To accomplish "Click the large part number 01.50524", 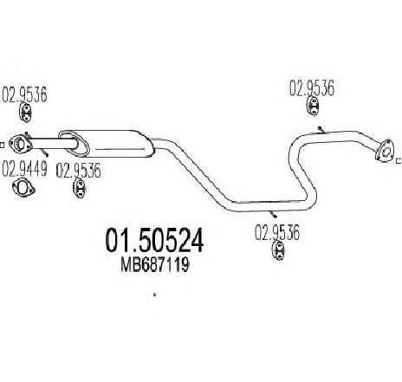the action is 154,240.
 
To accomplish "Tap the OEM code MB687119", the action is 155,265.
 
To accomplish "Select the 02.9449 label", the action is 24,169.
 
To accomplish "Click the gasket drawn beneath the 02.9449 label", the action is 23,188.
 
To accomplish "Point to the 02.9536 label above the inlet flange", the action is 24,94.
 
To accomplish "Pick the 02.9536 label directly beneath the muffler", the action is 78,171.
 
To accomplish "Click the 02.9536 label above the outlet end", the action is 312,88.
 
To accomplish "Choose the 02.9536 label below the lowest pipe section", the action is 277,233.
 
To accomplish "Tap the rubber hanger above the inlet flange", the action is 26,113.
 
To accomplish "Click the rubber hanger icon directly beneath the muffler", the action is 79,188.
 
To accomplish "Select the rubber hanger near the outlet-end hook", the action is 313,106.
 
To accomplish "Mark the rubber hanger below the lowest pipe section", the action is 278,251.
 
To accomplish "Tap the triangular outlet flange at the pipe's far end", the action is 385,150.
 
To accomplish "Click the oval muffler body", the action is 106,144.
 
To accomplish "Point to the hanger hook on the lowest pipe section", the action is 273,214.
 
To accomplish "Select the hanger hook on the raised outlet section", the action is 321,130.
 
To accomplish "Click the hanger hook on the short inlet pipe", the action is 44,152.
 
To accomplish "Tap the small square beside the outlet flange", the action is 399,160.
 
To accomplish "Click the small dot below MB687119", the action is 155,295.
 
